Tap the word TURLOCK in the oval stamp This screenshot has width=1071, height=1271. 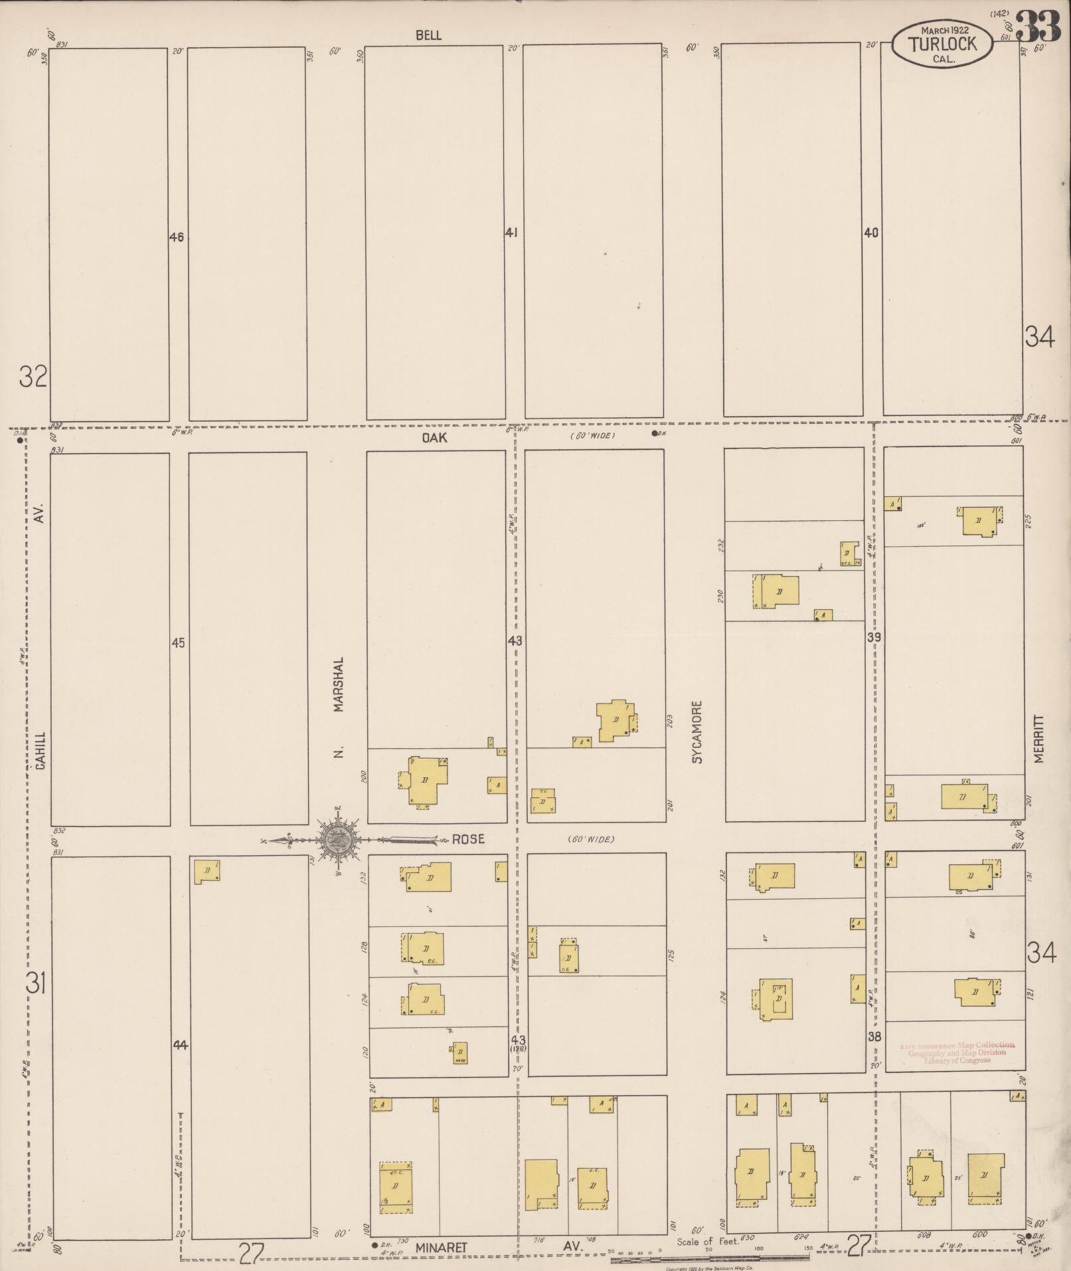pyautogui.click(x=943, y=44)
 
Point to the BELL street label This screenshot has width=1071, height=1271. pyautogui.click(x=428, y=35)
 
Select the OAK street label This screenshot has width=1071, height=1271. pyautogui.click(x=434, y=437)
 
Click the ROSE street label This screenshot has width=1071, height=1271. pyautogui.click(x=468, y=839)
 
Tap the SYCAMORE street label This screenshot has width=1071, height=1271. pyautogui.click(x=697, y=732)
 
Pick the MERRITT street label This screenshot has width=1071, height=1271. pyautogui.click(x=1039, y=738)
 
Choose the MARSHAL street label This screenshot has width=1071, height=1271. pyautogui.click(x=339, y=685)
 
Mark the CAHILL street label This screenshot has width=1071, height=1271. pyautogui.click(x=41, y=751)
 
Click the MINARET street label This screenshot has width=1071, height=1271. pyautogui.click(x=442, y=1248)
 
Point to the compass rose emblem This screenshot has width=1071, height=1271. pyautogui.click(x=339, y=840)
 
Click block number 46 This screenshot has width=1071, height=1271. pyautogui.click(x=176, y=237)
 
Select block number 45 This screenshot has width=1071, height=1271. pyautogui.click(x=178, y=642)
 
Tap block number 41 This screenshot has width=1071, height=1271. pyautogui.click(x=511, y=233)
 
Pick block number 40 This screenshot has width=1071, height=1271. pyautogui.click(x=871, y=233)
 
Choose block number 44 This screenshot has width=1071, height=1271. pyautogui.click(x=180, y=1046)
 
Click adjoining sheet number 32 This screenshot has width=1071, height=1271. pyautogui.click(x=33, y=377)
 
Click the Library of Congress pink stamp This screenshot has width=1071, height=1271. pyautogui.click(x=957, y=1052)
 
